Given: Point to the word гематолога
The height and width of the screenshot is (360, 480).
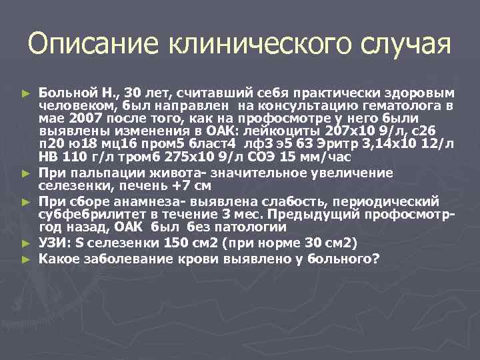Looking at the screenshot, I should [x=411, y=105].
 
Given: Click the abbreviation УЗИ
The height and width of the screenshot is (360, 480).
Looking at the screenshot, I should [x=52, y=242].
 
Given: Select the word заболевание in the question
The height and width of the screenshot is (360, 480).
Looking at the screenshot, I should [x=126, y=257].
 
